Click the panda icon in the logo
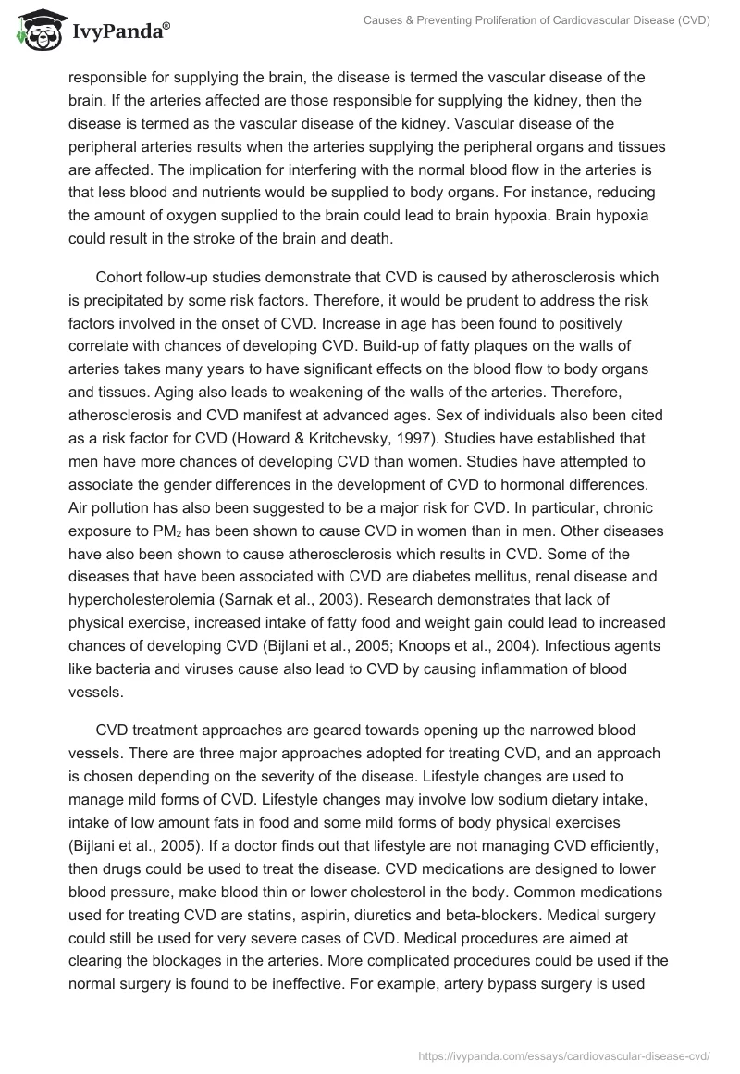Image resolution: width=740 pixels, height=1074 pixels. pos(35,31)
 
